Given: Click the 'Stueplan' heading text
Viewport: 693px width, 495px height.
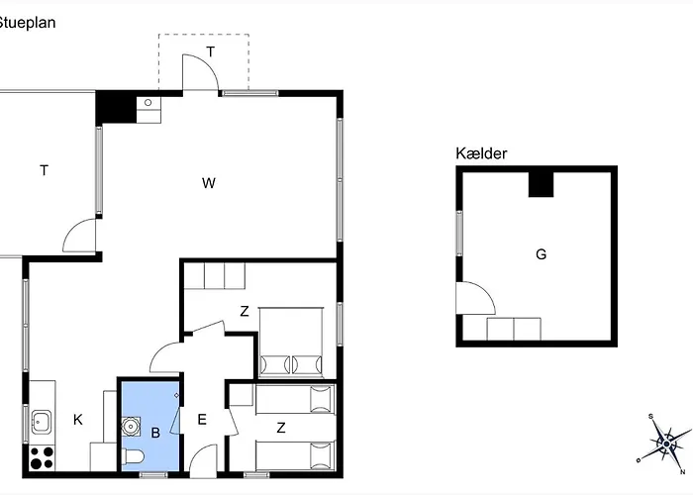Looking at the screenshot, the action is click(27, 23).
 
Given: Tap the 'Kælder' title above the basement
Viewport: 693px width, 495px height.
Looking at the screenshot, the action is click(481, 153).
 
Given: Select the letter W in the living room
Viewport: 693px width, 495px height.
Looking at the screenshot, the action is click(209, 183).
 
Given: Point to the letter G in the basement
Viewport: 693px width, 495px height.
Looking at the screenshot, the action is click(541, 254).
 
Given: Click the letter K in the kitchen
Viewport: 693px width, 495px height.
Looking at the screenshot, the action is click(78, 420).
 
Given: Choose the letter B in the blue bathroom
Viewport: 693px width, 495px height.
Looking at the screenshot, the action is click(155, 433).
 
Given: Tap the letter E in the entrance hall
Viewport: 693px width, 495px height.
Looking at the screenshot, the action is click(202, 420).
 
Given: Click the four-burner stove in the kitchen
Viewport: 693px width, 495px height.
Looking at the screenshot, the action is click(42, 457).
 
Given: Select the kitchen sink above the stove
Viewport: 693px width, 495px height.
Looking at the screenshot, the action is click(42, 422).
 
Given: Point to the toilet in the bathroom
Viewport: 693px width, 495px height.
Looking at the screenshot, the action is click(133, 457).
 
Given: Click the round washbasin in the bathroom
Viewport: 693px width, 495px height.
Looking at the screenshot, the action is click(132, 426).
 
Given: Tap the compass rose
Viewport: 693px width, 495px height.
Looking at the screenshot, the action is click(666, 444).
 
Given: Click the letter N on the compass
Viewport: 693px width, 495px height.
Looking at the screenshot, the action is click(683, 472).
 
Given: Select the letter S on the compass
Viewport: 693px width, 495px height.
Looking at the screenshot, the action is click(651, 417).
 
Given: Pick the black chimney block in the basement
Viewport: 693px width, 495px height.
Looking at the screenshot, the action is click(541, 184).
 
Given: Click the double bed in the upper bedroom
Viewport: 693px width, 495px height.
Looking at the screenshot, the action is click(291, 343).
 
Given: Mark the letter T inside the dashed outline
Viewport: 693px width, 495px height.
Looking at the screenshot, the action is click(211, 51).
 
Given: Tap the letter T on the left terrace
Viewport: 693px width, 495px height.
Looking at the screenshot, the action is click(45, 170).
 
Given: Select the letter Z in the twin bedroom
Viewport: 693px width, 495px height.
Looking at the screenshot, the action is click(281, 428).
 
